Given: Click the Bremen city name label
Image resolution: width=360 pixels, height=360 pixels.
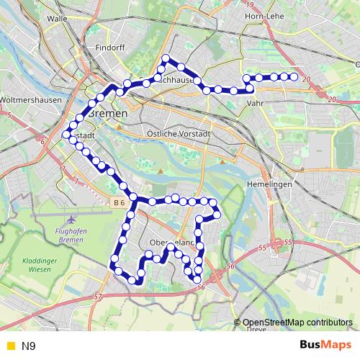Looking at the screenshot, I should pyautogui.click(x=107, y=114).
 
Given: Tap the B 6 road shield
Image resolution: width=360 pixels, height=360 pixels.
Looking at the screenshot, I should pyautogui.click(x=120, y=204).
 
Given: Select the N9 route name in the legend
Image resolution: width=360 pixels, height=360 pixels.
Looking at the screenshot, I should pyautogui.click(x=29, y=346).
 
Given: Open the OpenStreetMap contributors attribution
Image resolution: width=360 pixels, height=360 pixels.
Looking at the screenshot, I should pyautogui.click(x=297, y=322).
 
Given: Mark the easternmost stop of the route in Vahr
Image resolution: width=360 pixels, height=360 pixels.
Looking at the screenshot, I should pyautogui.click(x=294, y=76).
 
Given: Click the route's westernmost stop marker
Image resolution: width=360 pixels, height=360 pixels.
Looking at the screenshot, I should pyautogui.click(x=66, y=135).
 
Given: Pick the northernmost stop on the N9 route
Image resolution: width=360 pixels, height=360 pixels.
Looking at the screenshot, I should pyautogui.click(x=166, y=58).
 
